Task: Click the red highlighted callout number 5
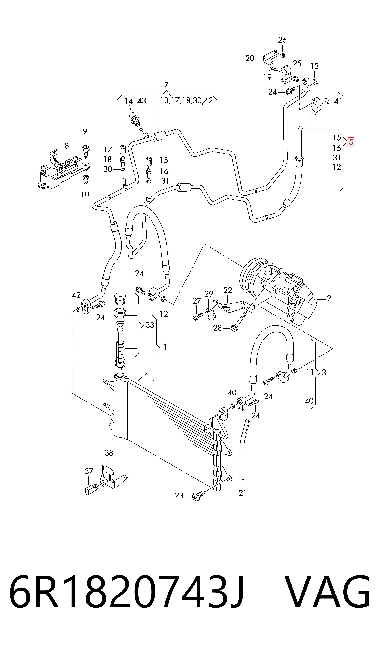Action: coord(351,142)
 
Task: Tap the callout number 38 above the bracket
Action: coord(109,453)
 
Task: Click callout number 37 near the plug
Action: coord(89,471)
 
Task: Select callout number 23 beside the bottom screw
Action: coord(179,496)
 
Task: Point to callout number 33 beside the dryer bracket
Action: coord(150,325)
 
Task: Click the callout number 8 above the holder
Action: coord(67,146)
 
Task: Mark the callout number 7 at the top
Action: coord(167,85)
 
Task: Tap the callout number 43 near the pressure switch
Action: coord(142,101)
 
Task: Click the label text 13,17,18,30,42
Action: coord(186,101)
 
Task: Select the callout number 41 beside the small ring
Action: coord(338,101)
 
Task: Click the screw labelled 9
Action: coord(85,152)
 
